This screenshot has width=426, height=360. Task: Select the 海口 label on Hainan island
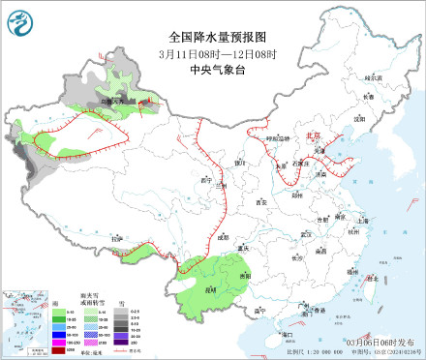point(287,333)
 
